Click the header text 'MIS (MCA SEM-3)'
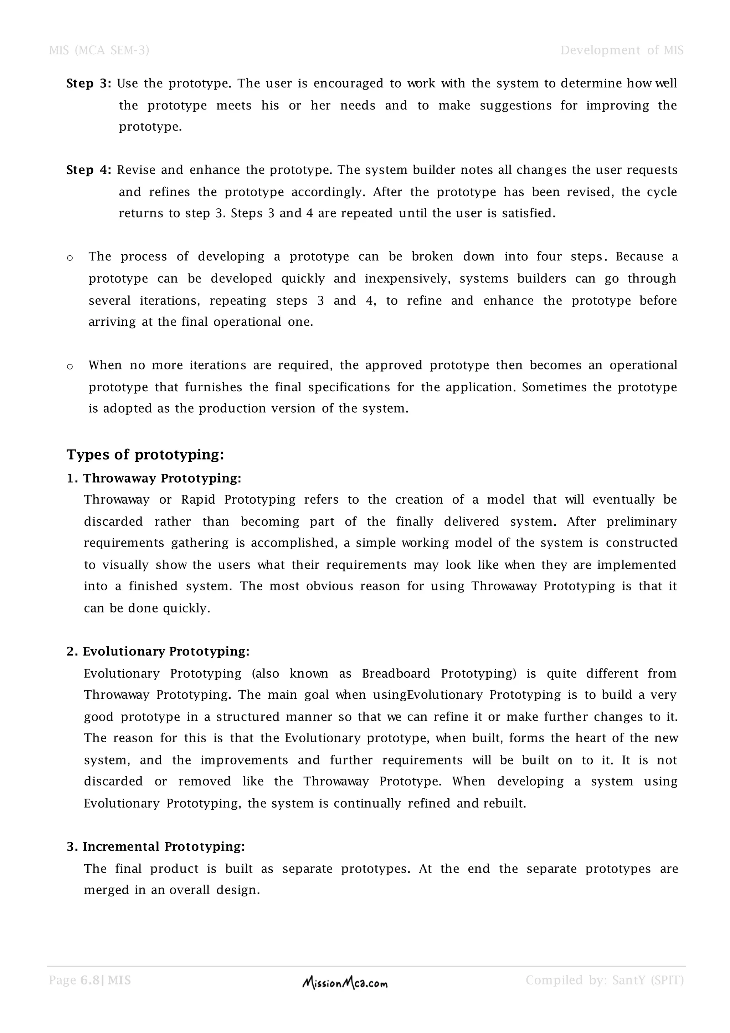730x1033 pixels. point(99,50)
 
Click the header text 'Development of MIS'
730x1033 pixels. point(622,50)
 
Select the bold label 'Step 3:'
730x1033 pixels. point(88,84)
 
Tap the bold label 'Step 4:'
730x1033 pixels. point(88,170)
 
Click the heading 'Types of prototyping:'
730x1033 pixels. point(145,454)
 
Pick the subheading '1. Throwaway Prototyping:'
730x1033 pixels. point(154,478)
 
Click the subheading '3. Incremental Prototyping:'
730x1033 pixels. point(155,847)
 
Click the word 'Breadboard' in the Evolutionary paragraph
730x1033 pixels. point(396,673)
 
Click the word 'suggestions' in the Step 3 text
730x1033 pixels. point(515,106)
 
